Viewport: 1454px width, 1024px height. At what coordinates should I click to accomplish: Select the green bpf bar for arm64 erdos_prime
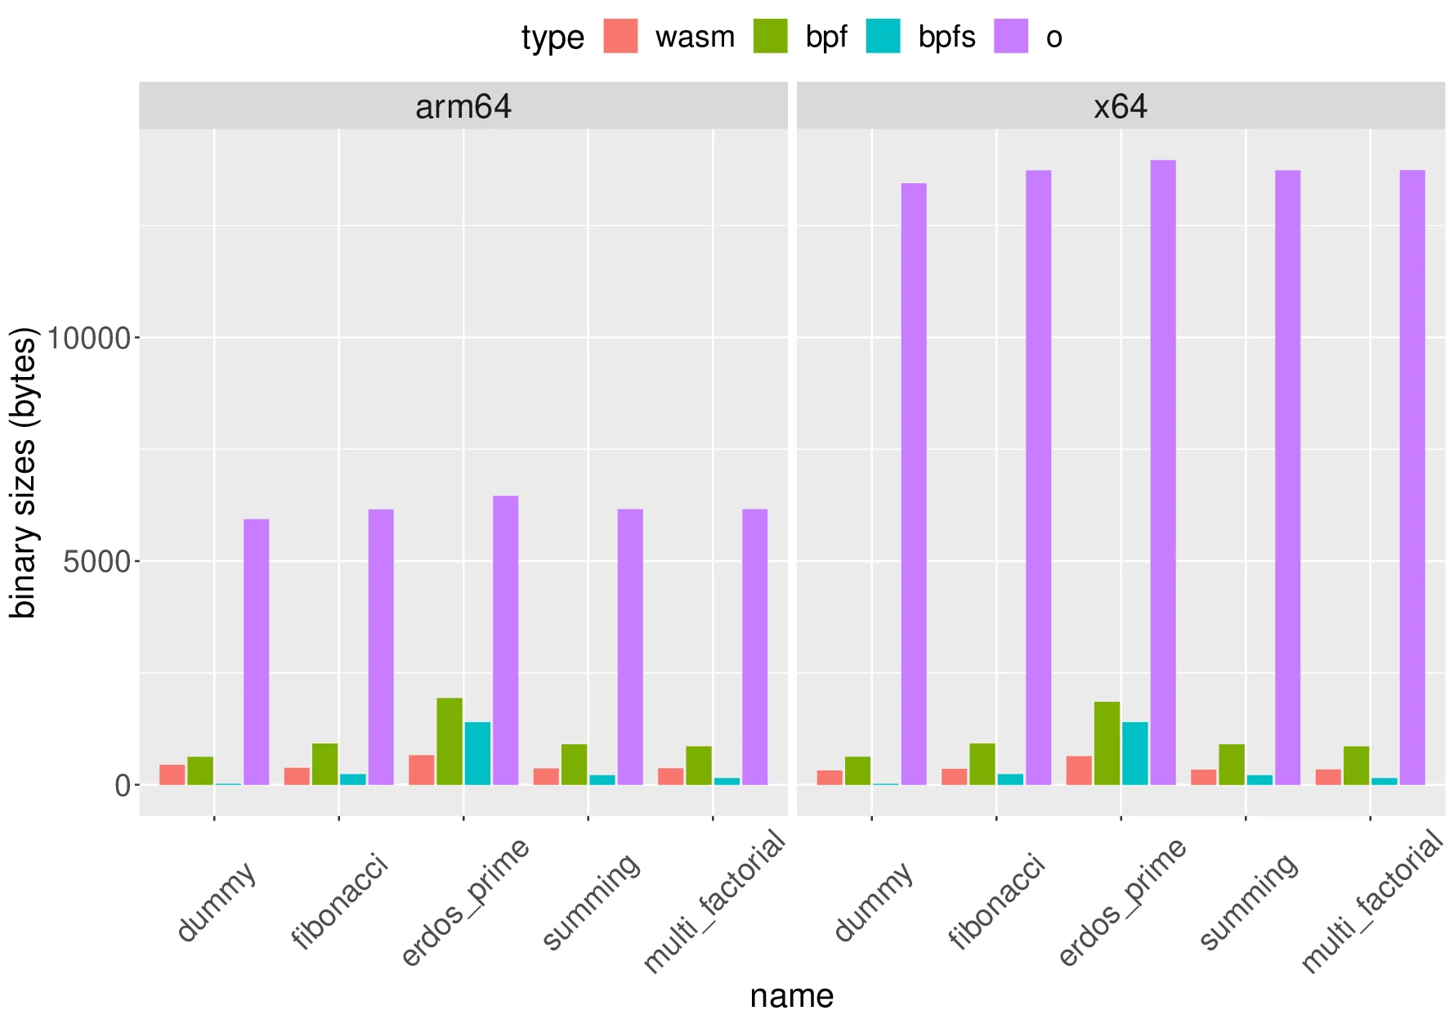click(450, 741)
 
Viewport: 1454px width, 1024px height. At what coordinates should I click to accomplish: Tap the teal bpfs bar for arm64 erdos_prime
click(477, 753)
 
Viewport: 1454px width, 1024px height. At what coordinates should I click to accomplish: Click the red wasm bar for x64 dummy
click(830, 777)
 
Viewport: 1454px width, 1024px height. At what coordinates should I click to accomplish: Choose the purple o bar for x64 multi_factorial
click(1412, 478)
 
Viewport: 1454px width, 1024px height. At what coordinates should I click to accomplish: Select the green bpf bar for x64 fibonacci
click(982, 764)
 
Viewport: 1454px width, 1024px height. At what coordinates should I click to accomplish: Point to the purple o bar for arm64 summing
click(630, 647)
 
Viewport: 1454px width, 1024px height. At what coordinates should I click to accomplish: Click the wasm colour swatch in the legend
click(620, 37)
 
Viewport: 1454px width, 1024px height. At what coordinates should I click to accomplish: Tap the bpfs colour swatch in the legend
click(883, 37)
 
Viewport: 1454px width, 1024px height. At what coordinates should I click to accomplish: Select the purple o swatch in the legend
click(1011, 37)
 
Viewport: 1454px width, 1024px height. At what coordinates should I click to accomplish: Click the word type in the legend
click(553, 38)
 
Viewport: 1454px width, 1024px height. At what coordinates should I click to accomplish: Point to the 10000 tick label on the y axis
click(88, 338)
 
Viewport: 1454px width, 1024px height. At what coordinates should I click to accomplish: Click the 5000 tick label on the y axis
click(96, 562)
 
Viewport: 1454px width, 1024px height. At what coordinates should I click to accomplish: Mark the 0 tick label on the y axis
click(123, 786)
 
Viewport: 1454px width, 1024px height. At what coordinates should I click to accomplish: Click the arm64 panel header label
click(463, 107)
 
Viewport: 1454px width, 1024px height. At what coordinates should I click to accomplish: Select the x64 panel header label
click(1121, 107)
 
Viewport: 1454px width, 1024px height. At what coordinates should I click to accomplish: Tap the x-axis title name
click(791, 996)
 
